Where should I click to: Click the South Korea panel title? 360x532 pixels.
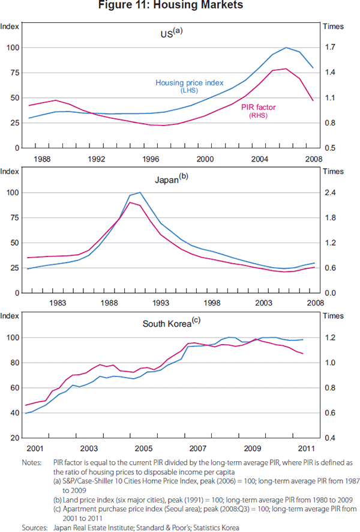coord(170,323)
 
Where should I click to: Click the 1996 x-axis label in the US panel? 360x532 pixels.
coord(151,159)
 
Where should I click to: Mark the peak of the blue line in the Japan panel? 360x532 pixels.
coord(140,193)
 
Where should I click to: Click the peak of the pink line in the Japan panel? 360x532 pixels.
coord(130,202)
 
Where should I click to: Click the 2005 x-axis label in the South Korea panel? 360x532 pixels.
coord(143,449)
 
